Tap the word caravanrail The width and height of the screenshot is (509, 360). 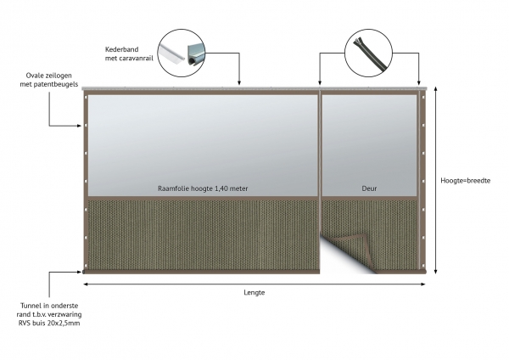[136, 59]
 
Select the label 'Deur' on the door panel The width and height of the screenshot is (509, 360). [369, 188]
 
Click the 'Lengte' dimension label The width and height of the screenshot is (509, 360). [255, 292]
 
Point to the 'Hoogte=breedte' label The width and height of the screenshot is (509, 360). [465, 181]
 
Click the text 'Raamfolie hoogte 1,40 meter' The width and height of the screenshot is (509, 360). [203, 188]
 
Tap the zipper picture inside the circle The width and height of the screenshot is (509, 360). [368, 53]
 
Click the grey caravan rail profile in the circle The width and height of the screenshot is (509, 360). [196, 53]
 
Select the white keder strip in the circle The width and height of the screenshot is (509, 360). [171, 53]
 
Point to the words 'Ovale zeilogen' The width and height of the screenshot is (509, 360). [48, 76]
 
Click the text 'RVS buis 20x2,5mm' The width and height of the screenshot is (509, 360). [49, 323]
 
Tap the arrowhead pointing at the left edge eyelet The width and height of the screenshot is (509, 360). [79, 126]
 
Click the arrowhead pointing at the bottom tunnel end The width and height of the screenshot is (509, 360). [79, 272]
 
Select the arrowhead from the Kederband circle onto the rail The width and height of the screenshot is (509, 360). [239, 83]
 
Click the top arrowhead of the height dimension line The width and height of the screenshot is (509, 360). [436, 89]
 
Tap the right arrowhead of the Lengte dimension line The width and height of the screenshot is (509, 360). [422, 284]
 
